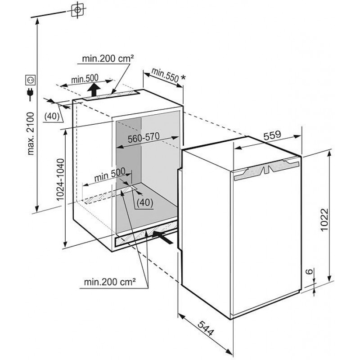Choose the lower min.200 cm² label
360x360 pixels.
pyautogui.click(x=110, y=283)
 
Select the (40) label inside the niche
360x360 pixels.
pyautogui.click(x=144, y=202)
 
